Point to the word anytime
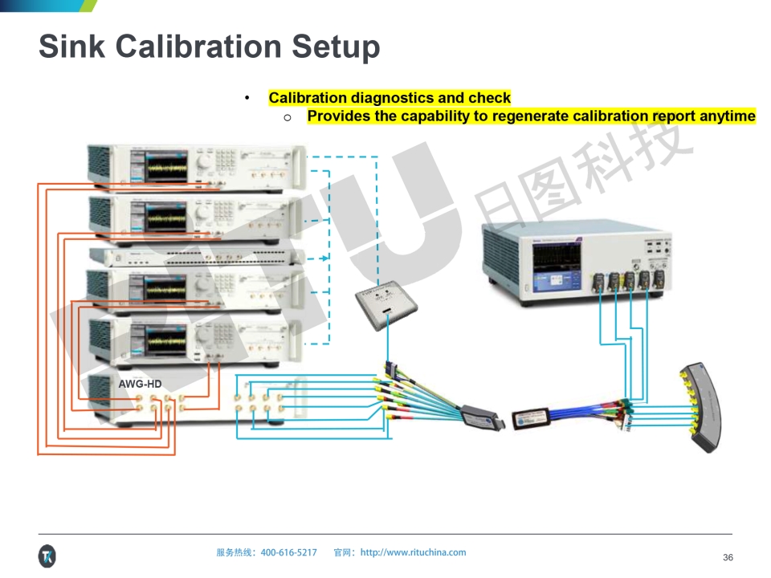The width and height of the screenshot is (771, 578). click(x=727, y=116)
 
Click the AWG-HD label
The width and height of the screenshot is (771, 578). click(x=140, y=385)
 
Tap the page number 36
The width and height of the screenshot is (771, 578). click(x=728, y=557)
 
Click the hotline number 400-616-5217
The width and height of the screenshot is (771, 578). click(x=289, y=552)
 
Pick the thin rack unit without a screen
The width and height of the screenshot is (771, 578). click(x=197, y=257)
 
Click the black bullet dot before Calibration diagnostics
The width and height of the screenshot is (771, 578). click(x=247, y=98)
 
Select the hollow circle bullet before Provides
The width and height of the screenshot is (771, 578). click(x=287, y=117)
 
